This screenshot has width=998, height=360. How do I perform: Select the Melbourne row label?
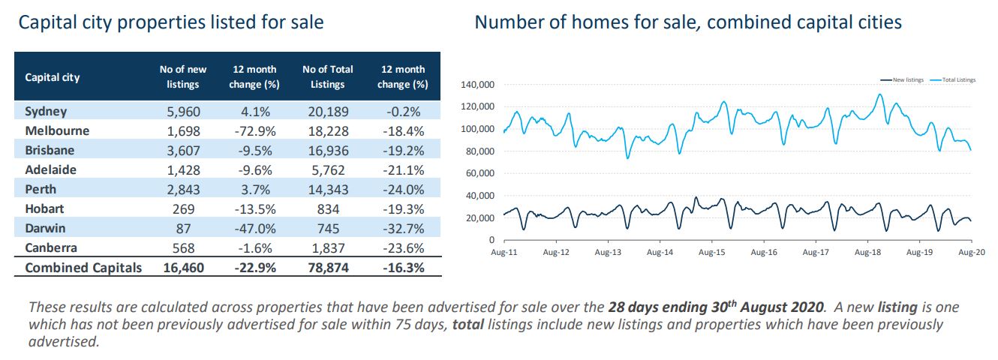57,131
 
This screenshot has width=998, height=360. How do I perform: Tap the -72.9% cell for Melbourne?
254,131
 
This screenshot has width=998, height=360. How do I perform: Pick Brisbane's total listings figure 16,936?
328,151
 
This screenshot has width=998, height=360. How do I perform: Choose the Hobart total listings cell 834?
328,209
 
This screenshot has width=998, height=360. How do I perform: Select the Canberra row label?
51,248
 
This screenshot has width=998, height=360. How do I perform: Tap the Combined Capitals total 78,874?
328,268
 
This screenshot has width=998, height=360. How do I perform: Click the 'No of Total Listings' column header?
328,76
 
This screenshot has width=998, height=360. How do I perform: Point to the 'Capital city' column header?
53,77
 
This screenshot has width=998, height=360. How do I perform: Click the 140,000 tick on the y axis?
477,85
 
